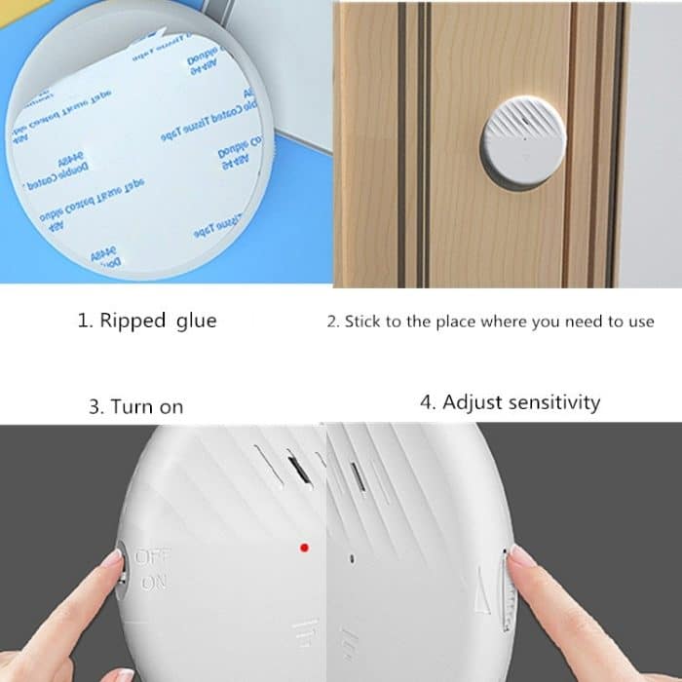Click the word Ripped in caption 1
point(133,322)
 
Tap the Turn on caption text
point(135,407)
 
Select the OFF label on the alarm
point(151,558)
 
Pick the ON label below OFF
point(153,583)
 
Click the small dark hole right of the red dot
point(351,558)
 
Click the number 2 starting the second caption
point(331,322)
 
